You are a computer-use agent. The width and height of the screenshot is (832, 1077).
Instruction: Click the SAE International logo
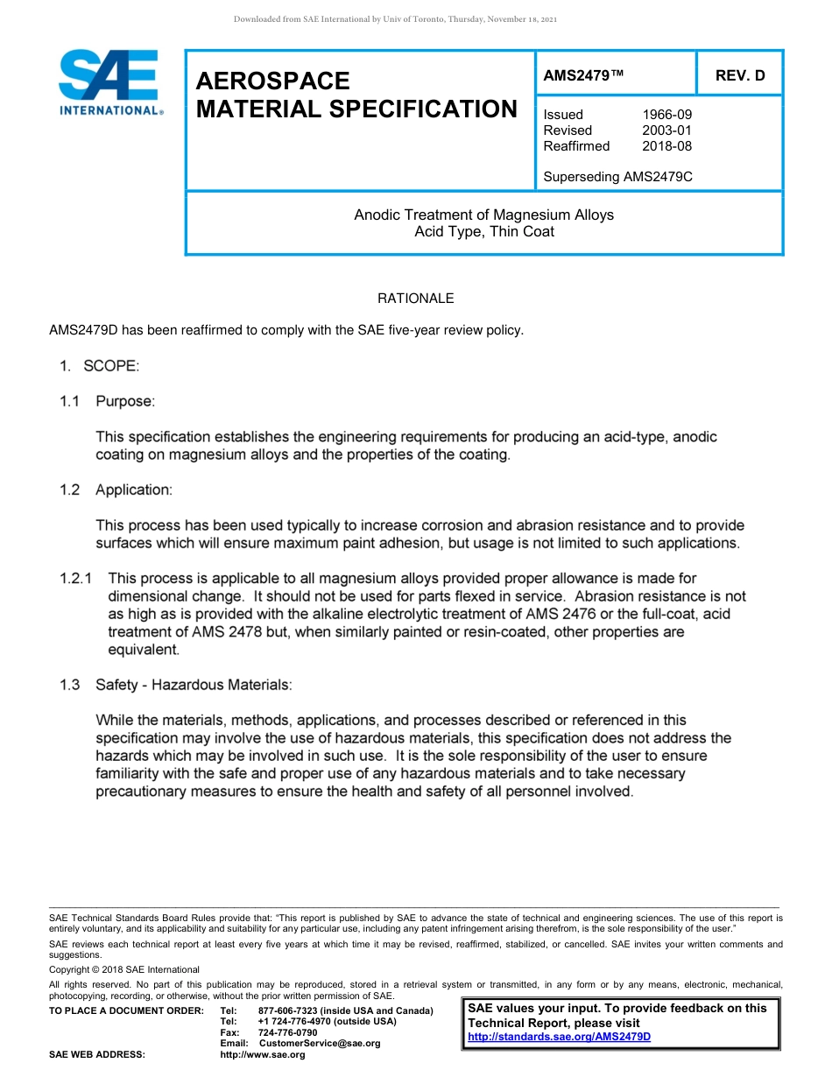click(109, 82)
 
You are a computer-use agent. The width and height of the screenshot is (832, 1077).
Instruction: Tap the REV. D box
click(739, 75)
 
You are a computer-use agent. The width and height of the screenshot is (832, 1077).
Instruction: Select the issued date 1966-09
click(666, 115)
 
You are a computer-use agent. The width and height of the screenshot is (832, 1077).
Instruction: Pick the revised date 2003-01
click(666, 130)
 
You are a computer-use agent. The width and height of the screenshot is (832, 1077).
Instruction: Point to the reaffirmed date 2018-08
click(666, 146)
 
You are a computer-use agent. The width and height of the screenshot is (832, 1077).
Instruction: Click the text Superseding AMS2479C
click(617, 176)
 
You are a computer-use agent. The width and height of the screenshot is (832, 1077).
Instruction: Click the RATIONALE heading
click(415, 299)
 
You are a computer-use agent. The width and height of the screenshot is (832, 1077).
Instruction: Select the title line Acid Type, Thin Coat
click(483, 232)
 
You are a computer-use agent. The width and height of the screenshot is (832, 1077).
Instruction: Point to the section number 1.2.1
click(76, 579)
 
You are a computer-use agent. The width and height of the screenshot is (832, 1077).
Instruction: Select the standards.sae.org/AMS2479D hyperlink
click(559, 1037)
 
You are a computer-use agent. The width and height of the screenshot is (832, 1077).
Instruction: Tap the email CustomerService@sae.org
click(320, 1044)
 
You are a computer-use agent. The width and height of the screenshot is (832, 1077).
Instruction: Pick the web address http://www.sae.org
click(263, 1055)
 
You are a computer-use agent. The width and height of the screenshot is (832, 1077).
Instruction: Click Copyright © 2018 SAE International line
click(124, 969)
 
